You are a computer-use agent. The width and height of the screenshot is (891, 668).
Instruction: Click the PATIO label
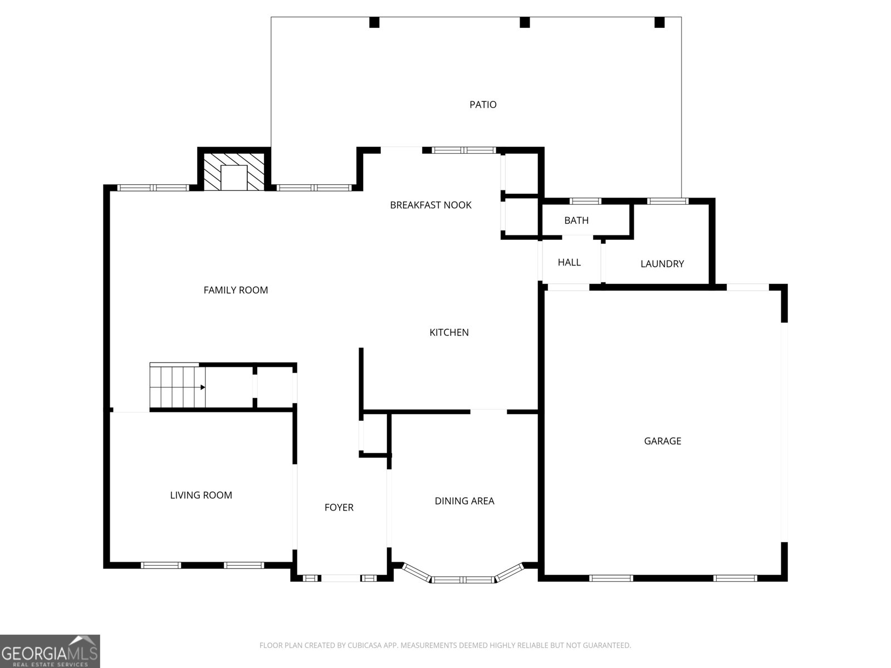pyautogui.click(x=483, y=105)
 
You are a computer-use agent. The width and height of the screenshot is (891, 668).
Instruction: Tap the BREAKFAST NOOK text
pyautogui.click(x=430, y=205)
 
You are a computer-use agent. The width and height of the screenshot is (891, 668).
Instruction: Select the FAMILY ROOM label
pyautogui.click(x=236, y=290)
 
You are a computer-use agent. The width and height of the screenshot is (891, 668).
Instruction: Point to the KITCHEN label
pyautogui.click(x=449, y=332)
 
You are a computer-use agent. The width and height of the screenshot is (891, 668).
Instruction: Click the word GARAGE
pyautogui.click(x=662, y=441)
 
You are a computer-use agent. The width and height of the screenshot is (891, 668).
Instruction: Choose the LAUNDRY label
pyautogui.click(x=662, y=264)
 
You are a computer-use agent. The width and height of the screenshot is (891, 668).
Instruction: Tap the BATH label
pyautogui.click(x=576, y=220)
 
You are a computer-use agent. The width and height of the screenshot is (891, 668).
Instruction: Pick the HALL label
pyautogui.click(x=569, y=262)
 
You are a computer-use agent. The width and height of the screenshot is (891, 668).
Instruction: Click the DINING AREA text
pyautogui.click(x=464, y=501)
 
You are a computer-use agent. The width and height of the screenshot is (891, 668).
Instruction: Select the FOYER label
pyautogui.click(x=339, y=507)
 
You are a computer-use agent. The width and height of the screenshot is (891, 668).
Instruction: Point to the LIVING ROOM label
pyautogui.click(x=201, y=495)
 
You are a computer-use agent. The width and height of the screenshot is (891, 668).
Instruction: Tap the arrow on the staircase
pyautogui.click(x=203, y=387)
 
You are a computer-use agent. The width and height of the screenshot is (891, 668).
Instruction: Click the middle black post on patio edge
pyautogui.click(x=524, y=22)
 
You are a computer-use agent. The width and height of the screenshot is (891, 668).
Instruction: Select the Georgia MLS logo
pyautogui.click(x=50, y=651)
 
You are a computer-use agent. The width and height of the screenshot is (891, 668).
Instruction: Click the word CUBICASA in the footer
pyautogui.click(x=364, y=646)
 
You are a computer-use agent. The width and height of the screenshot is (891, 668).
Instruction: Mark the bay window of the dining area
pyautogui.click(x=464, y=579)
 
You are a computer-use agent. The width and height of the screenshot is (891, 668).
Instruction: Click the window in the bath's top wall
pyautogui.click(x=585, y=201)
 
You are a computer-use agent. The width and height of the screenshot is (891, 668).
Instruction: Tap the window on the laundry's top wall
pyautogui.click(x=668, y=201)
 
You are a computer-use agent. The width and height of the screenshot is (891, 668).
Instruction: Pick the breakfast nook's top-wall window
pyautogui.click(x=464, y=150)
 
